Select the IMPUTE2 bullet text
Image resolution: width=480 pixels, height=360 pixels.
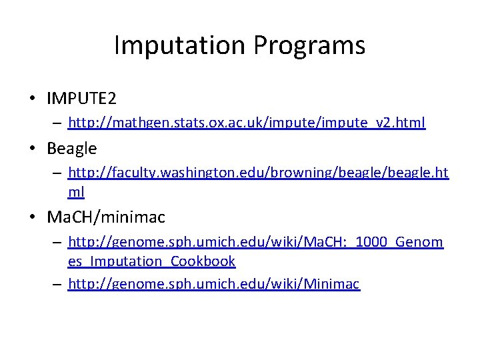tap(81, 99)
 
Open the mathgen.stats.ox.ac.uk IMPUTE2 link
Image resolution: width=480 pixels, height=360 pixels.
tap(247, 123)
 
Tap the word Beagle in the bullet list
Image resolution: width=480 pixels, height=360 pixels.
tap(71, 148)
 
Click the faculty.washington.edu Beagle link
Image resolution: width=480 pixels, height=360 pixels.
tap(258, 173)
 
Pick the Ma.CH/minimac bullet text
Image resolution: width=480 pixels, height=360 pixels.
tap(106, 217)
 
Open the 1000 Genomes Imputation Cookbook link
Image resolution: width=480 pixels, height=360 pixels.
tap(255, 242)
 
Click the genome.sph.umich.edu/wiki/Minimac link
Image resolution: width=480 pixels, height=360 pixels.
tap(214, 285)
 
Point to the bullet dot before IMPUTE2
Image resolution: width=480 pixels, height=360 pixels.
tap(32, 99)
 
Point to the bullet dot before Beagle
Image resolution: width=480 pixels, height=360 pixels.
tap(32, 148)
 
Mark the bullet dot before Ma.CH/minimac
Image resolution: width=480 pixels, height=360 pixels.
tap(32, 217)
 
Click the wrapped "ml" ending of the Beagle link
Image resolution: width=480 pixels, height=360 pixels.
tap(76, 192)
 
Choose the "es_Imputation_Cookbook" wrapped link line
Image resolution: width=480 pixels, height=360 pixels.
tap(152, 261)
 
